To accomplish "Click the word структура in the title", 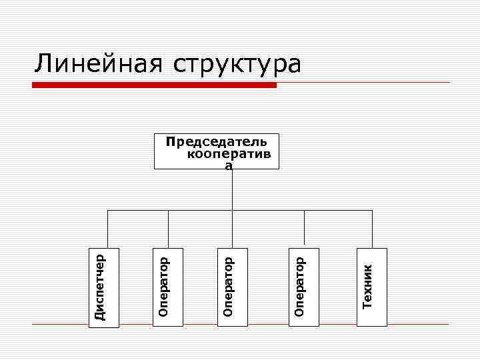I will point(237,65).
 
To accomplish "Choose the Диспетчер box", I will point(105,287).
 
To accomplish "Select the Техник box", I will point(372,287).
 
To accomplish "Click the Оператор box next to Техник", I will point(304,287).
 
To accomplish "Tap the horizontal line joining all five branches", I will point(267,211).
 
